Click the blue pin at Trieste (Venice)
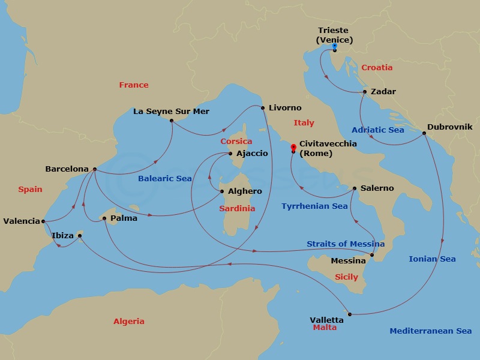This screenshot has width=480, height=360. (x=334, y=46)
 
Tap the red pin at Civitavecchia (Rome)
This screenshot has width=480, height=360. (x=293, y=146)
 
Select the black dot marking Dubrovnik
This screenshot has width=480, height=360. (x=424, y=133)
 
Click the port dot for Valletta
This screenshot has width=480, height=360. (x=349, y=314)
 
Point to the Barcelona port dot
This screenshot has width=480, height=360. (x=95, y=169)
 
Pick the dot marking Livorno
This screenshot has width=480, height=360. (x=263, y=108)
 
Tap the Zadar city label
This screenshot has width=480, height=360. (x=383, y=92)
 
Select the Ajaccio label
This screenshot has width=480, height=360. (x=252, y=154)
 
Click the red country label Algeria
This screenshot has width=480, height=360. (x=129, y=322)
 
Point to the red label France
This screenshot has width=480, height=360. (x=134, y=85)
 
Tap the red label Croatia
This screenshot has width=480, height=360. (x=377, y=68)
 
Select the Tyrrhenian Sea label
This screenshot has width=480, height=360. (x=314, y=206)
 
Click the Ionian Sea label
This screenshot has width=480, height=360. (x=432, y=259)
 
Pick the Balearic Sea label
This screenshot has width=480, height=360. (x=165, y=179)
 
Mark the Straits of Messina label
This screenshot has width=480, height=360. (x=346, y=244)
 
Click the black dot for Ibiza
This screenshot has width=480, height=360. (x=80, y=236)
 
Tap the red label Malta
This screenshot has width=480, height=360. (x=325, y=328)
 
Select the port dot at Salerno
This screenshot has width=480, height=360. (x=355, y=189)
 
